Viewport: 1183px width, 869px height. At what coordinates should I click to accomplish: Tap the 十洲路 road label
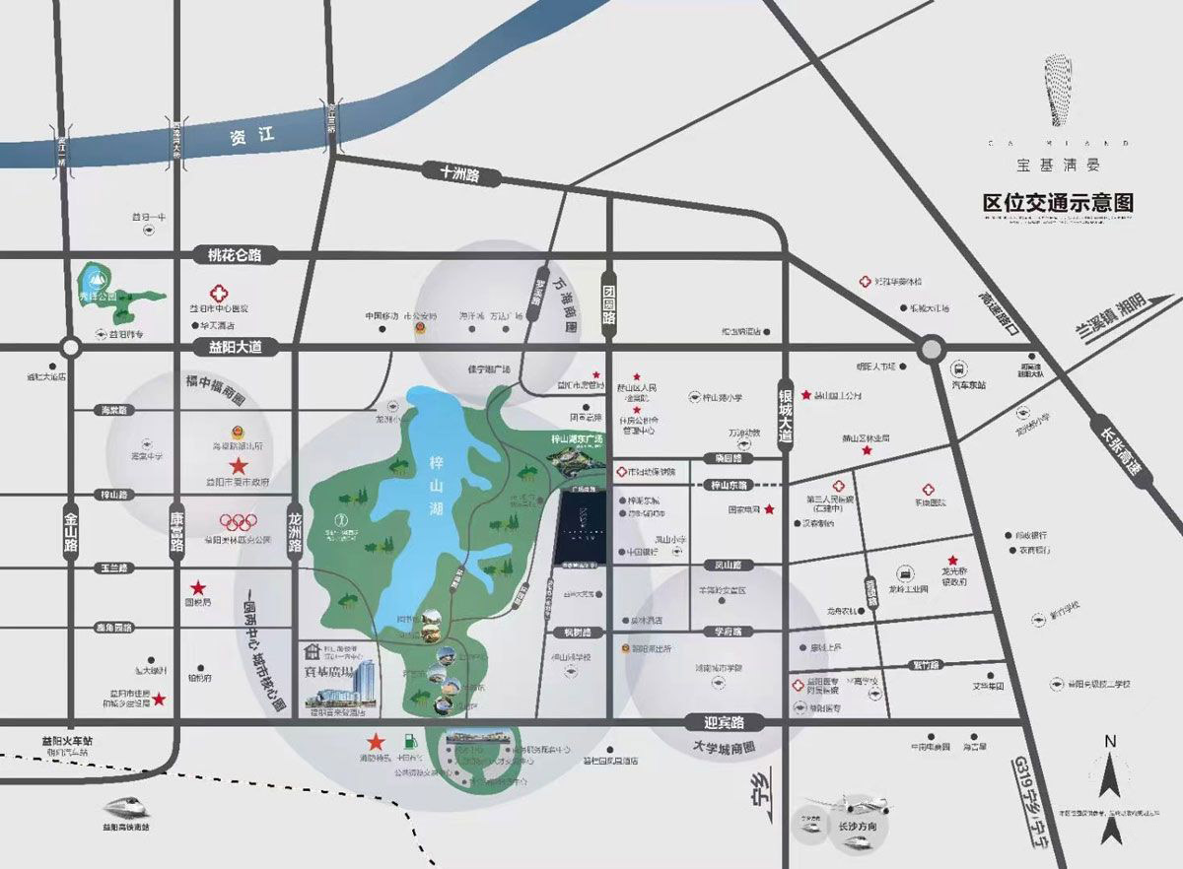[x=459, y=172]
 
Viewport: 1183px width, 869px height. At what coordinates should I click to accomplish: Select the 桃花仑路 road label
[x=228, y=255]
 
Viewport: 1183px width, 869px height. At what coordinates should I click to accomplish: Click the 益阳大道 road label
[x=230, y=347]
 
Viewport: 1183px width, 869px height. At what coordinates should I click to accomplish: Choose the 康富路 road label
[x=176, y=533]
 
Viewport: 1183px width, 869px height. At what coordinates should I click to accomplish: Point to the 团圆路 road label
[x=609, y=304]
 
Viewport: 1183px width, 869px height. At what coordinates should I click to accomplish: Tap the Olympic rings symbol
[x=238, y=522]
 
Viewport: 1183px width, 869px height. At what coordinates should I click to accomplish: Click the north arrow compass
[x=1110, y=789]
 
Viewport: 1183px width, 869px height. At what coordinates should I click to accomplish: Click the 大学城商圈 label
[x=723, y=748]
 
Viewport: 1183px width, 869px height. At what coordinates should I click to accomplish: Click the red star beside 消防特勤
[x=375, y=742]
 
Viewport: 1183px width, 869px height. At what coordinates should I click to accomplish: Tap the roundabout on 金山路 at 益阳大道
[x=70, y=347]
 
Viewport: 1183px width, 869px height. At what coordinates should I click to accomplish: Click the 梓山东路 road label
[x=730, y=486]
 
